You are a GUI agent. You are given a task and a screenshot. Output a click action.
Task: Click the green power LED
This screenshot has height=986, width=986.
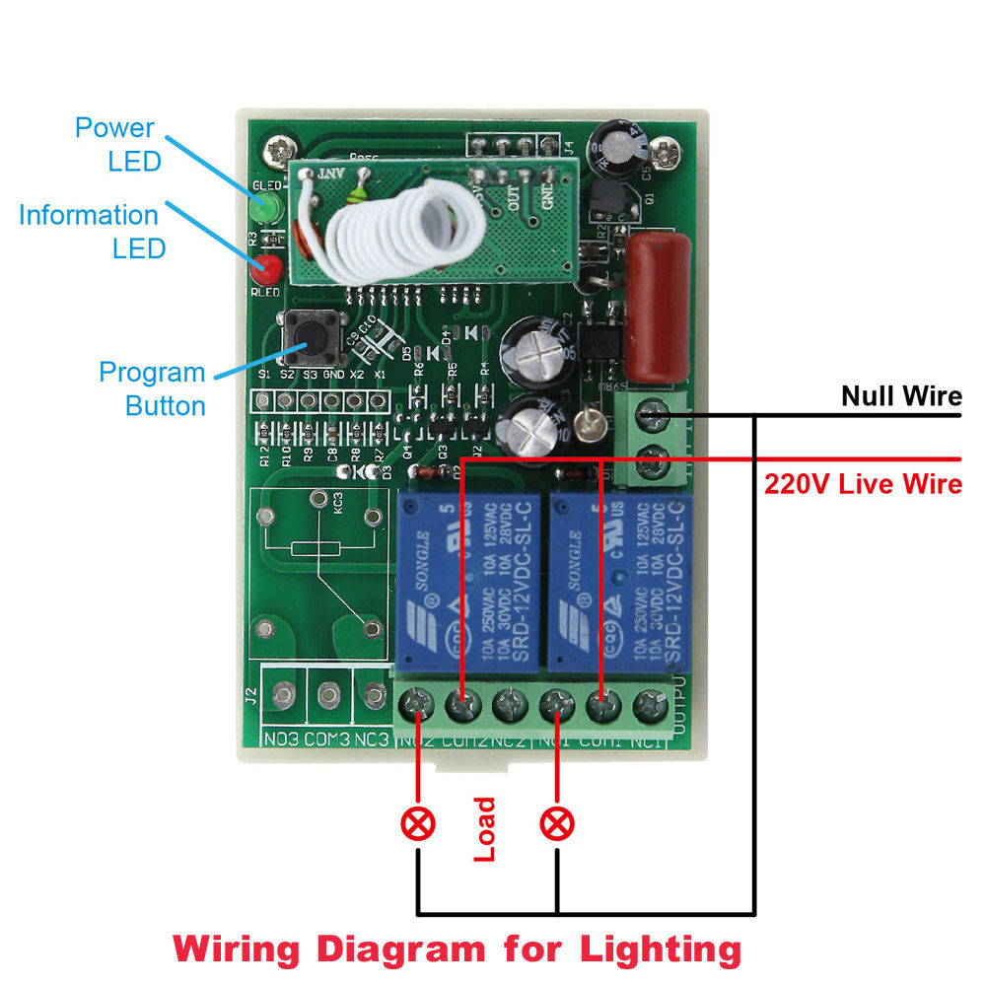click(x=261, y=210)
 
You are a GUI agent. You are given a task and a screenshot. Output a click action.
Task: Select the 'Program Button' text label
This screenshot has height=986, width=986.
click(x=153, y=388)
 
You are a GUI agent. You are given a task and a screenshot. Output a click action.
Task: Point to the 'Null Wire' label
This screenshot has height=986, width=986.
click(x=900, y=396)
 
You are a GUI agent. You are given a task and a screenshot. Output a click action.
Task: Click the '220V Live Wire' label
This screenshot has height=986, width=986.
click(x=863, y=484)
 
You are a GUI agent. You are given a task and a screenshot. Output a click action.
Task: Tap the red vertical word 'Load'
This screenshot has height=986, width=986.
click(x=484, y=829)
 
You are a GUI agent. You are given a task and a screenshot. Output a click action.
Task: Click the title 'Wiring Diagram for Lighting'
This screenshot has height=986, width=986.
click(x=458, y=950)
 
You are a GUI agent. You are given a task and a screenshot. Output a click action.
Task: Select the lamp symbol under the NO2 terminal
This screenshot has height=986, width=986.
click(x=419, y=822)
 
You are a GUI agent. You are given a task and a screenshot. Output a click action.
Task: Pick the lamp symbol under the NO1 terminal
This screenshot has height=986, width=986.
click(x=557, y=822)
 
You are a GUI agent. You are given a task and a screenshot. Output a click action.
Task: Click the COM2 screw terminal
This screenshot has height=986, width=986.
click(x=461, y=705)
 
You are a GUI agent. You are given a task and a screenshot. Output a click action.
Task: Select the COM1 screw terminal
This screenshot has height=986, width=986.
click(x=600, y=705)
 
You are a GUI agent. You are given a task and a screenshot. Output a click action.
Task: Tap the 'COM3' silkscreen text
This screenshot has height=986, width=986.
click(x=327, y=739)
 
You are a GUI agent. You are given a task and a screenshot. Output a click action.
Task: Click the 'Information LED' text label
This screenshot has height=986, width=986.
click(x=89, y=231)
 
